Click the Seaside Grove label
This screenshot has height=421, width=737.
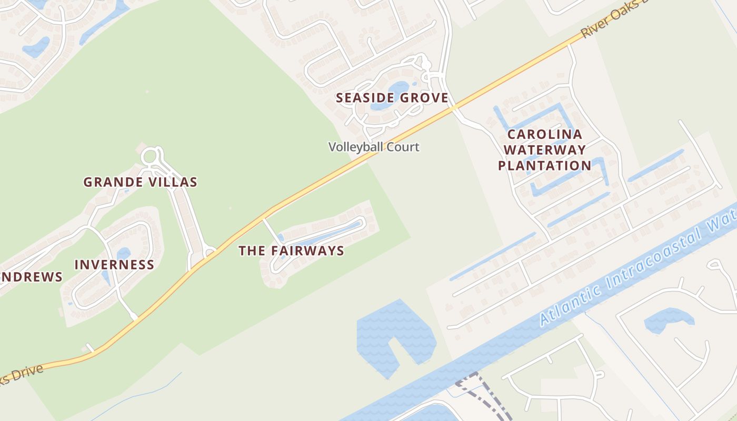pos(392,98)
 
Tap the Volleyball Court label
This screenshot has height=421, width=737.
pos(374,147)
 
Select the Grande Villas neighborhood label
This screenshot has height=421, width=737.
pos(140,182)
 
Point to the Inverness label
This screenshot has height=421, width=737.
pos(114,265)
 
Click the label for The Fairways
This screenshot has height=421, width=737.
pos(291,251)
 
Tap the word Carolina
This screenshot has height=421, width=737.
pos(544,134)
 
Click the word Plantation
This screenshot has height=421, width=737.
pos(544,166)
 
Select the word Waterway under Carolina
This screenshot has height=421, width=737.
pos(544,150)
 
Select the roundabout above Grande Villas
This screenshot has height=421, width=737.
pos(150,156)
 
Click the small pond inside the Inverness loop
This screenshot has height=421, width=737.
pos(123,254)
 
